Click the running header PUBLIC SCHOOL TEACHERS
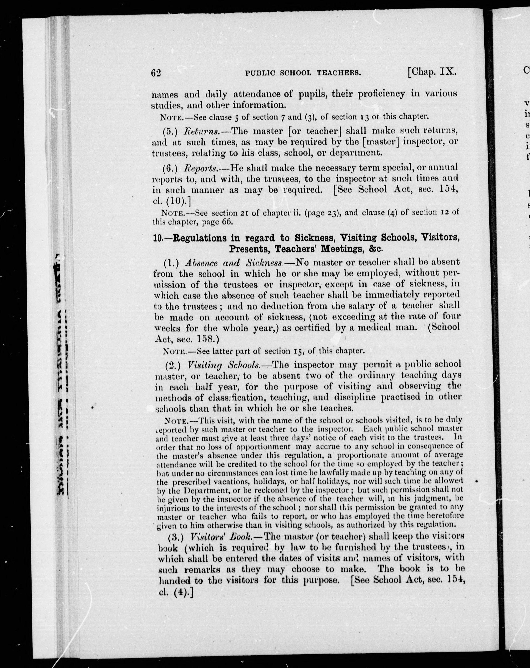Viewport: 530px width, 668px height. coord(303,73)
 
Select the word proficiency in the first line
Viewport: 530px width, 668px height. coord(382,94)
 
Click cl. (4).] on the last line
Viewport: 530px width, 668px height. coord(174,592)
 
